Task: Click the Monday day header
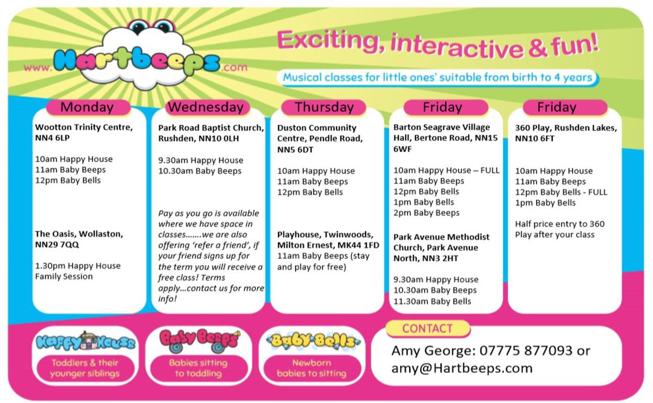(x=87, y=108)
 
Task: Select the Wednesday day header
(x=206, y=108)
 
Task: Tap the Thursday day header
(x=324, y=108)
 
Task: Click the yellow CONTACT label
(x=427, y=328)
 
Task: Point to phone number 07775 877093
(x=525, y=351)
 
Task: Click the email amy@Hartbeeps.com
(x=462, y=368)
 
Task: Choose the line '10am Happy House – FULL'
(x=446, y=170)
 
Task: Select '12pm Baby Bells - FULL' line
(x=561, y=192)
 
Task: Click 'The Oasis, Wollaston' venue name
(x=79, y=234)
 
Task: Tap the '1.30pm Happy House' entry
(x=78, y=266)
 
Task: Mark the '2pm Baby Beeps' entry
(x=427, y=213)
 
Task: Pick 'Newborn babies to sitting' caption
(x=312, y=368)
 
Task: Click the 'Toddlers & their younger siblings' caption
(x=85, y=368)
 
